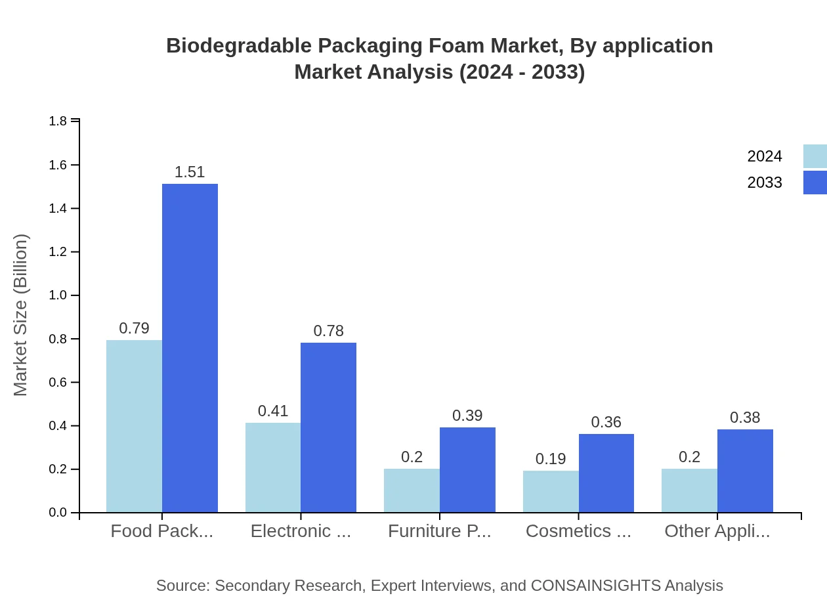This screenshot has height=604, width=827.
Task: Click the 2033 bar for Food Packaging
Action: coord(190,348)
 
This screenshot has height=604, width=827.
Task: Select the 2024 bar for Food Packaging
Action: coord(134,426)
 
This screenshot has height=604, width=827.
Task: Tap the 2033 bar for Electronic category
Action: coord(328,427)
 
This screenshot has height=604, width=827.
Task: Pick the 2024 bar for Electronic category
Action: coord(273,467)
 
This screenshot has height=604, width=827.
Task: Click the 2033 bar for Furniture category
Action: coord(467,470)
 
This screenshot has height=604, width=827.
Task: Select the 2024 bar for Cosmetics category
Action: coord(551,491)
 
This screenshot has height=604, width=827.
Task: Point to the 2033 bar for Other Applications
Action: coord(745,471)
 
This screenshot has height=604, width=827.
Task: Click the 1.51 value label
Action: coord(190,172)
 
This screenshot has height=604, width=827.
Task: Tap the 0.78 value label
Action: coord(328,331)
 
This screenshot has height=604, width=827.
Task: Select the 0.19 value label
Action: coord(551,459)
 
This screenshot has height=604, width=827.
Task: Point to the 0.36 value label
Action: coord(606,422)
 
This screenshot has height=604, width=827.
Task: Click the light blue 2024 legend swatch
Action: coord(815,156)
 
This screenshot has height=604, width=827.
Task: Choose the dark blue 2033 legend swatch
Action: coord(815,183)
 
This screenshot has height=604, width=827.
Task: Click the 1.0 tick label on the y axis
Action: coord(58,295)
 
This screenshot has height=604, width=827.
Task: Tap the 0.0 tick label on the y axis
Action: coord(58,513)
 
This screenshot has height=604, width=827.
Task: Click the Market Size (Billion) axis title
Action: coord(21,315)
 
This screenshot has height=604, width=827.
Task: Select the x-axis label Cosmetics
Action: coord(578,531)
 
